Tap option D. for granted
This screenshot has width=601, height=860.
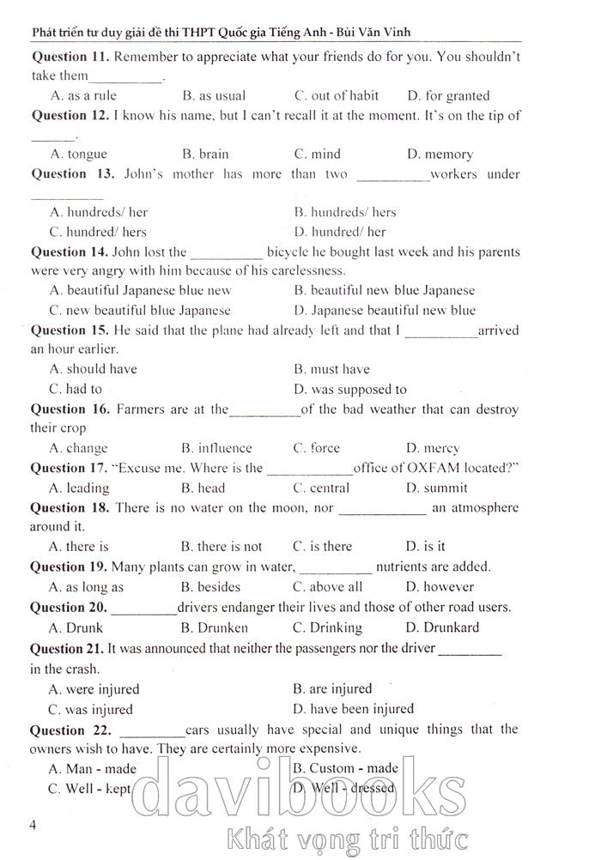[448, 95]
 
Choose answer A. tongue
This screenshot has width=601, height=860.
[78, 154]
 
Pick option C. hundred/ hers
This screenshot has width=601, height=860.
[98, 231]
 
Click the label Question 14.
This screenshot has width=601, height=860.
[69, 251]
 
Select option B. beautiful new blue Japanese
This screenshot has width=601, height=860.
[383, 290]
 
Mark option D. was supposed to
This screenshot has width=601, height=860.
[349, 389]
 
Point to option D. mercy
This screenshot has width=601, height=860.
[433, 447]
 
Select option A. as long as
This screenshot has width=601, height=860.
[86, 587]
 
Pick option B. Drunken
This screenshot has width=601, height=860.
[215, 627]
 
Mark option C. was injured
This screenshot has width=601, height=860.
[91, 709]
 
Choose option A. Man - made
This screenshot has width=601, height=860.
[93, 768]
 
